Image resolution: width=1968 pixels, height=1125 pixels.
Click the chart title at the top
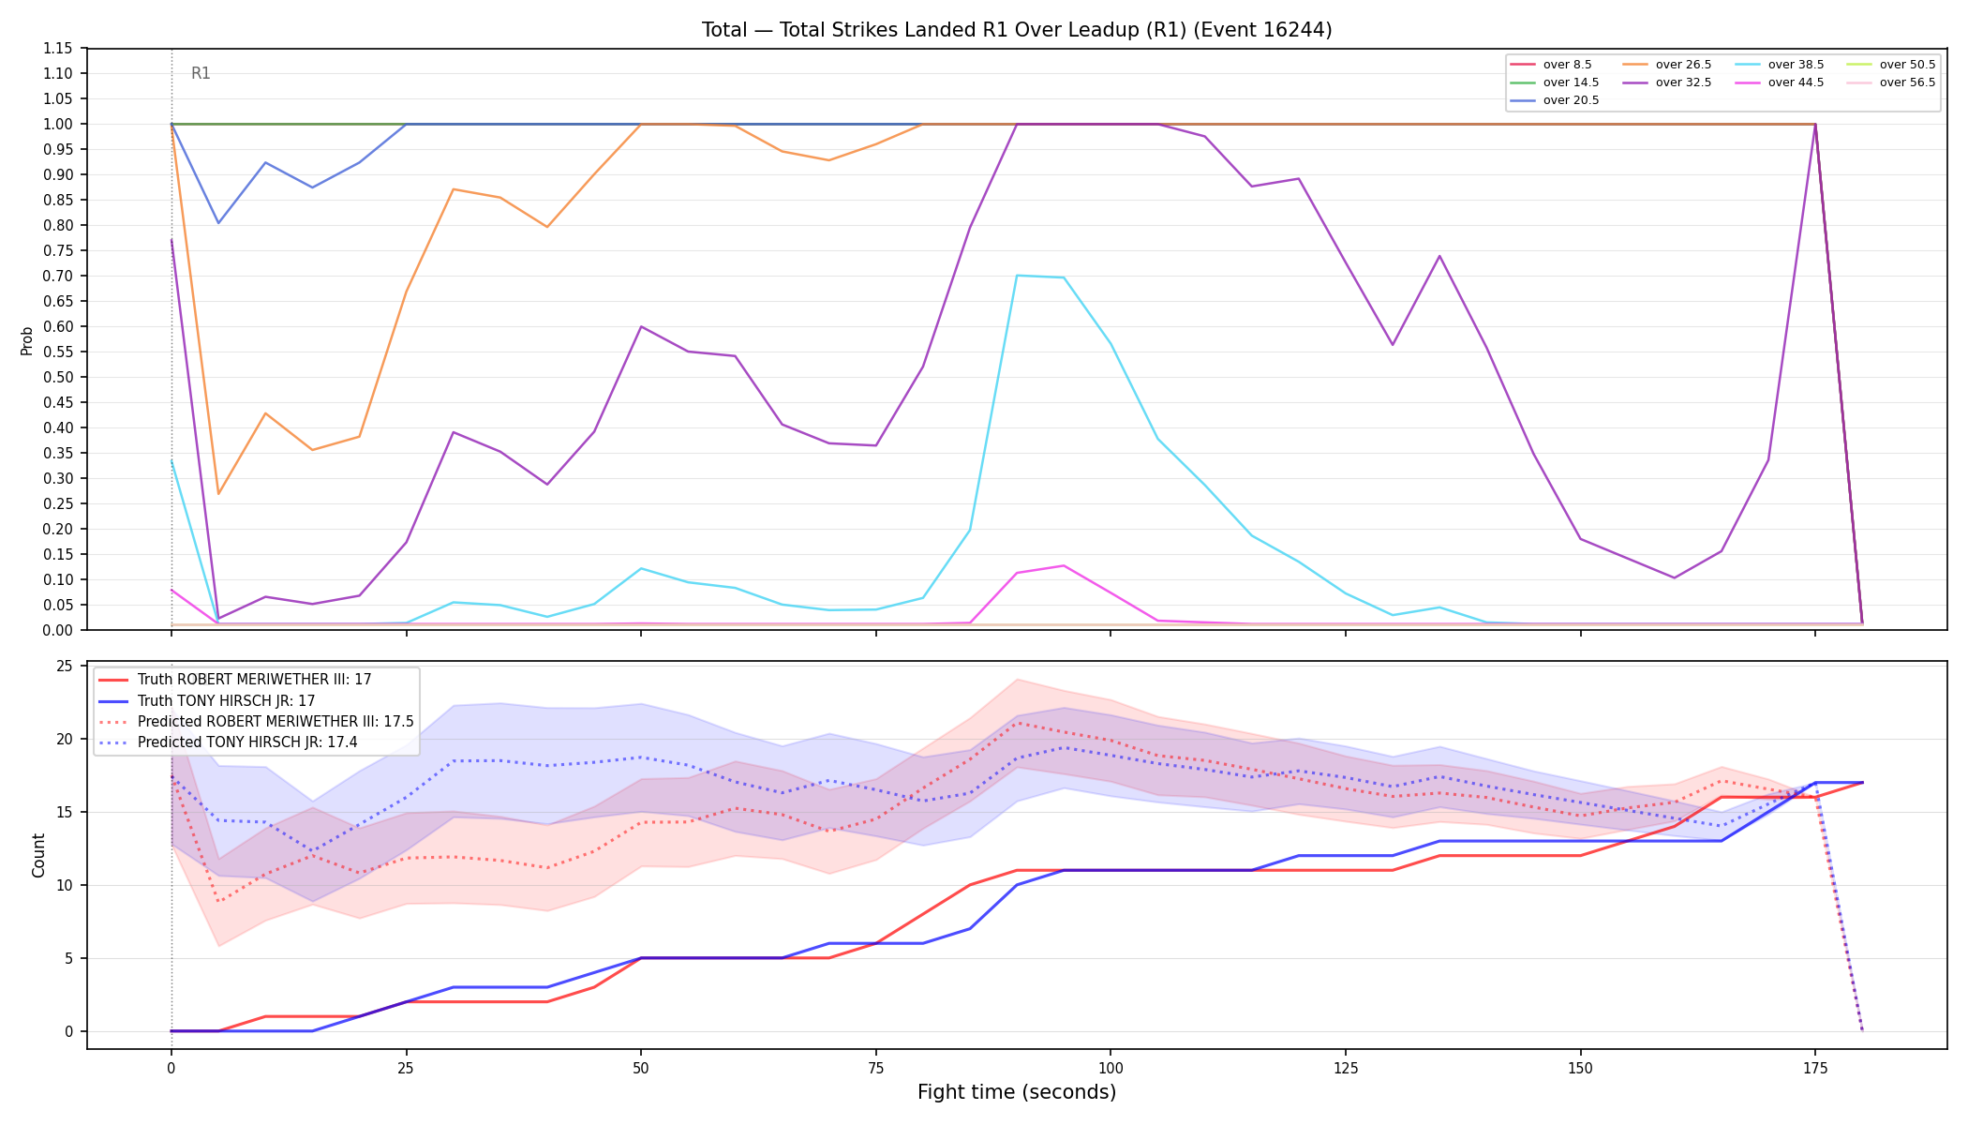(x=1017, y=30)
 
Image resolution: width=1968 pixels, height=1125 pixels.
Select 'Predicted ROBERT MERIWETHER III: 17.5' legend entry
(x=256, y=722)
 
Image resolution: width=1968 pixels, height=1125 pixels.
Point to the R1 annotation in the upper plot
(x=201, y=73)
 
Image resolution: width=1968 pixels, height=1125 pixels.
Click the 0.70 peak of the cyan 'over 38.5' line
(x=1017, y=276)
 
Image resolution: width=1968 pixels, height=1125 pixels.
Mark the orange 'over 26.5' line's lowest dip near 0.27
(x=218, y=494)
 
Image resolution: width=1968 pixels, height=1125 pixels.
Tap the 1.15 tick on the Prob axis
(x=57, y=49)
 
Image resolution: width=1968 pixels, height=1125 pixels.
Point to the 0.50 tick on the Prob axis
(x=57, y=377)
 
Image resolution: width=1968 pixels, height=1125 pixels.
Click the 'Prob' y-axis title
(x=27, y=340)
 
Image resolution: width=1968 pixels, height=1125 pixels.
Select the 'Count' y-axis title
(x=38, y=855)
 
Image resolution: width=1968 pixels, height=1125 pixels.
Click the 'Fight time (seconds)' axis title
(x=1017, y=1092)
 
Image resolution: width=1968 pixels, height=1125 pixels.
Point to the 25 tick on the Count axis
(x=65, y=666)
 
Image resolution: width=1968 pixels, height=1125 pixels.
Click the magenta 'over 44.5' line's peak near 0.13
(x=1063, y=565)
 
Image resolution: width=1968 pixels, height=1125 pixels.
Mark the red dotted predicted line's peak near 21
(x=1017, y=723)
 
